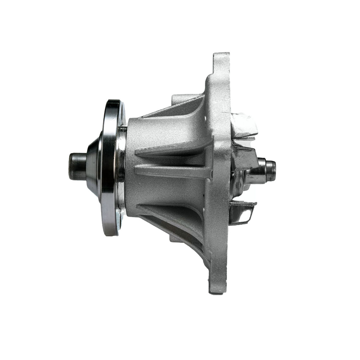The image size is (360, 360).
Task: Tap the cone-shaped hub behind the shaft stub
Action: [93, 167]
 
